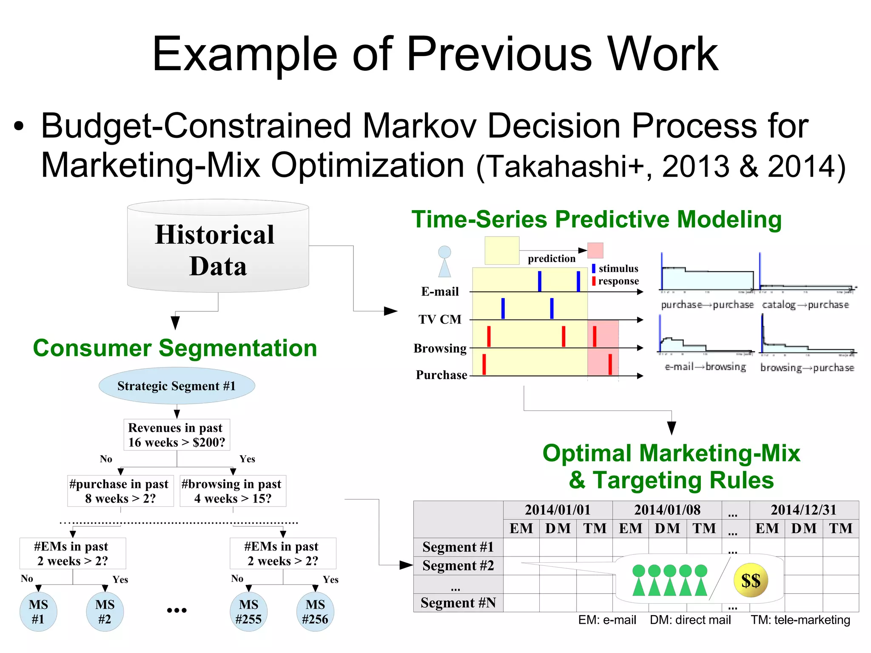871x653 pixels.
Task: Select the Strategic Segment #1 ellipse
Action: tap(176, 386)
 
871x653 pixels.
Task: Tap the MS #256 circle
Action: tap(315, 612)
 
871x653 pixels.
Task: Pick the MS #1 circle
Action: tap(38, 612)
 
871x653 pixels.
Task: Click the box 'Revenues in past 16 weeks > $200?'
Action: tap(176, 435)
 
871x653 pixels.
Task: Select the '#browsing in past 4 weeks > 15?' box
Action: tap(233, 491)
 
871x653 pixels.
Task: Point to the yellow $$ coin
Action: tap(751, 581)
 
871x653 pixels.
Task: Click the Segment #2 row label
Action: tap(458, 566)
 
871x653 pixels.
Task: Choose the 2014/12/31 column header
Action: tap(803, 510)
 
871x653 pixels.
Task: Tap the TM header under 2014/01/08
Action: tap(704, 528)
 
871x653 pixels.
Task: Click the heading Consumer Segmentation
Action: tap(175, 348)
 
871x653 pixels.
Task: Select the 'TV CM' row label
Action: tap(440, 319)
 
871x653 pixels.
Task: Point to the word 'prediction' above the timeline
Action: tap(551, 259)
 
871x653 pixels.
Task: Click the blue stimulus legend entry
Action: tap(615, 268)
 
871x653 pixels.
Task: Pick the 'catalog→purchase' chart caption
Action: tap(805, 305)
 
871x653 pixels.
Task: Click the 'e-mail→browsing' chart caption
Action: tap(705, 367)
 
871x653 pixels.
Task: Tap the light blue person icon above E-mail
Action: tap(444, 261)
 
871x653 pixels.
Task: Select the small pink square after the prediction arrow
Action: tap(595, 251)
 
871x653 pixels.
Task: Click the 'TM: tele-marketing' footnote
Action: tap(800, 620)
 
